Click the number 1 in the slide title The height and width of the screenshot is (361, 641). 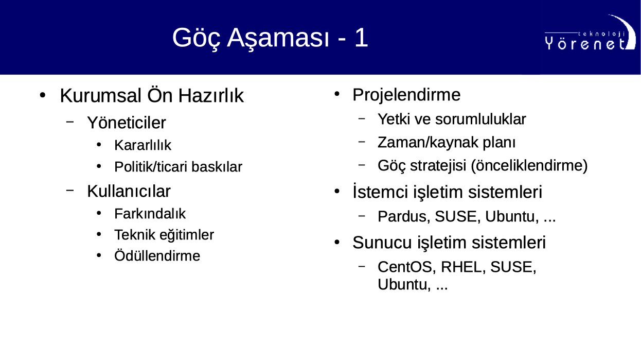(361, 38)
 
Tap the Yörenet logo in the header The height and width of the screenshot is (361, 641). (590, 33)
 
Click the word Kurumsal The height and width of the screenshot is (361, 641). (100, 95)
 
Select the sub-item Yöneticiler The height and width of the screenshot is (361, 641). (127, 123)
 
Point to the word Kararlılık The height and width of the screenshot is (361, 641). (143, 145)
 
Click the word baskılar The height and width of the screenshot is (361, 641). (217, 167)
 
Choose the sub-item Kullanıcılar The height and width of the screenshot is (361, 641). (129, 191)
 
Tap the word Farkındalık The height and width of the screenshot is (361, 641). (150, 214)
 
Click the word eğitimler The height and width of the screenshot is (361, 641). (187, 235)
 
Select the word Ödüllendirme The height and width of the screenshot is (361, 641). (157, 256)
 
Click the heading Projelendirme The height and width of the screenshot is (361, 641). (406, 95)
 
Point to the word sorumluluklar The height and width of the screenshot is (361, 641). (480, 119)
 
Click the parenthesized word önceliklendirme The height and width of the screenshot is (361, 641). (529, 166)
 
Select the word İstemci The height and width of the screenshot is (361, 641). (380, 192)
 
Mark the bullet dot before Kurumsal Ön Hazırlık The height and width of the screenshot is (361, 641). (43, 95)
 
